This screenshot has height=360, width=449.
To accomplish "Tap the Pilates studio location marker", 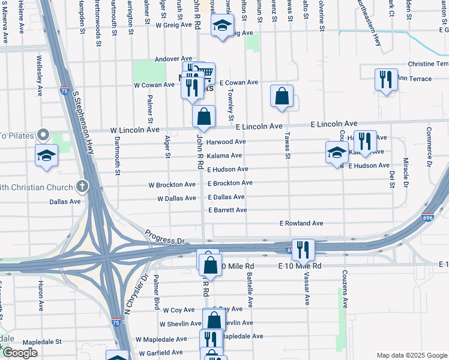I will click(x=43, y=135).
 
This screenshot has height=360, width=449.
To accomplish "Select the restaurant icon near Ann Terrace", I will click(x=385, y=79).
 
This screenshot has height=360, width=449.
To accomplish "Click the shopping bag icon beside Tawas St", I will click(x=282, y=96).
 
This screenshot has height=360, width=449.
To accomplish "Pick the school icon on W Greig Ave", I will click(x=222, y=26).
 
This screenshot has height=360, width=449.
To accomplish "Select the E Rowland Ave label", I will click(x=301, y=223).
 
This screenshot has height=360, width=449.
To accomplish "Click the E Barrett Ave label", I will click(x=228, y=210).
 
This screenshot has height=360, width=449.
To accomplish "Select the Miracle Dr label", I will click(x=405, y=172).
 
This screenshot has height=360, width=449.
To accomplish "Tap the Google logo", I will click(x=20, y=353).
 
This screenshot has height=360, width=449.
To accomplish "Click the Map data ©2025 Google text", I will click(x=411, y=355).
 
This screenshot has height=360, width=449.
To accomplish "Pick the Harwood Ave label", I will click(x=226, y=142).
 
